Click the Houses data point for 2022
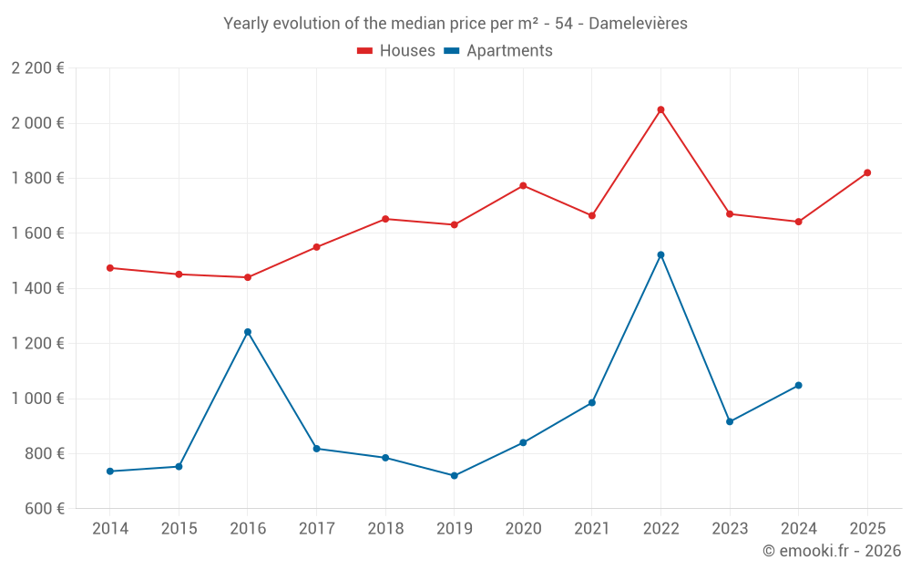click(x=660, y=109)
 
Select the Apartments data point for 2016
click(x=248, y=332)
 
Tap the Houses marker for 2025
click(x=867, y=172)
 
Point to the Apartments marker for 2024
click(x=799, y=385)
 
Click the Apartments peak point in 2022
click(x=660, y=254)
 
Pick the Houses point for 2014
click(x=110, y=268)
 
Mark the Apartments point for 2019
click(x=455, y=475)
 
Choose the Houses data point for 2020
click(x=523, y=186)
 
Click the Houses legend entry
click(x=396, y=51)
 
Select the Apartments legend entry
click(x=498, y=51)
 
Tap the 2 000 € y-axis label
click(x=37, y=123)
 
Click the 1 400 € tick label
click(x=37, y=288)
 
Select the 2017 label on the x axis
click(x=316, y=529)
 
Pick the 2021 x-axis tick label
click(x=592, y=529)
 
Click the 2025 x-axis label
click(x=867, y=529)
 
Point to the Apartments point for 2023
click(x=730, y=421)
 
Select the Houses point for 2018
click(x=385, y=219)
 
